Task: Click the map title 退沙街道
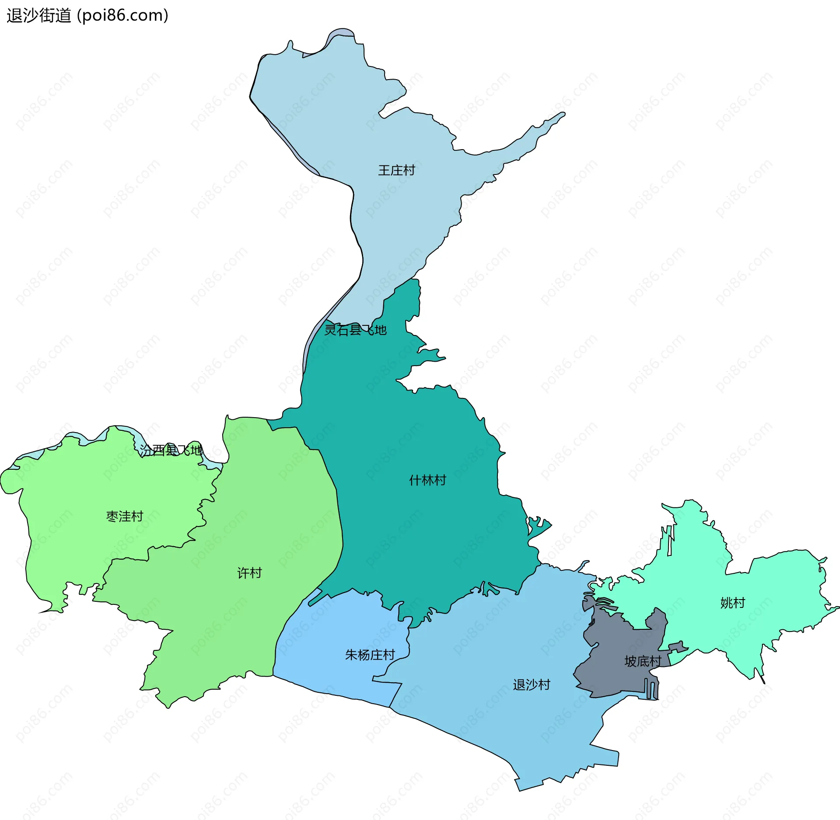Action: [38, 16]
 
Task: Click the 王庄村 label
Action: [396, 170]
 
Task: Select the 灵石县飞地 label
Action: [355, 330]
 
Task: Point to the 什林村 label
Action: [427, 480]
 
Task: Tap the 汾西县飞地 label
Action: [171, 450]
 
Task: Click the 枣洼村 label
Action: [125, 516]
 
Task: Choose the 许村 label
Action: [249, 573]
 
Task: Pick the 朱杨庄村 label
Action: [370, 655]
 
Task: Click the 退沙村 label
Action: [532, 684]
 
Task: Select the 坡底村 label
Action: [643, 661]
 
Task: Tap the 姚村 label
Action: [732, 603]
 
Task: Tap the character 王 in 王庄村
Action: [384, 170]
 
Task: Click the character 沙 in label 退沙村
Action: [532, 684]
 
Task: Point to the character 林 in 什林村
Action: [427, 480]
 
